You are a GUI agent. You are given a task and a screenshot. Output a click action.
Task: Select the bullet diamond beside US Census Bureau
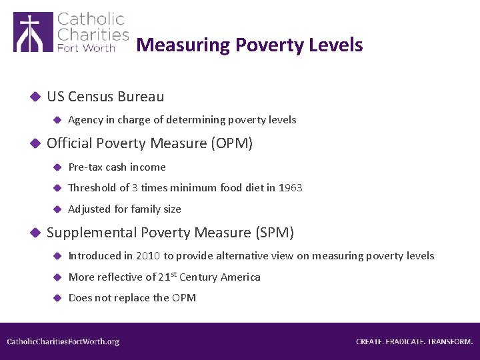tap(36, 97)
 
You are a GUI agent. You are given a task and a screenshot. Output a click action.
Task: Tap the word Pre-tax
tap(85, 167)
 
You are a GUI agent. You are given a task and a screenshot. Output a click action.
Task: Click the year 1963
tap(291, 188)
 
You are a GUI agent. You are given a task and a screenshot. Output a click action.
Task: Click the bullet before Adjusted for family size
tap(57, 209)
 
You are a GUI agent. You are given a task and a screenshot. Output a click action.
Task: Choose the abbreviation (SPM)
tap(274, 233)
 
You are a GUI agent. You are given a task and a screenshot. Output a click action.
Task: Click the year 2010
tap(148, 256)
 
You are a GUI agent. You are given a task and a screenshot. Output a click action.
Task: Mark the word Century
tap(200, 277)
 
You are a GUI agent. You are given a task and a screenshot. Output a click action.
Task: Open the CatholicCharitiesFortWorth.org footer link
tap(63, 342)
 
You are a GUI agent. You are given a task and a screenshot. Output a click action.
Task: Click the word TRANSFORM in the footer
tap(450, 342)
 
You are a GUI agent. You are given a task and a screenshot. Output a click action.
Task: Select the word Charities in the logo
tap(93, 34)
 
